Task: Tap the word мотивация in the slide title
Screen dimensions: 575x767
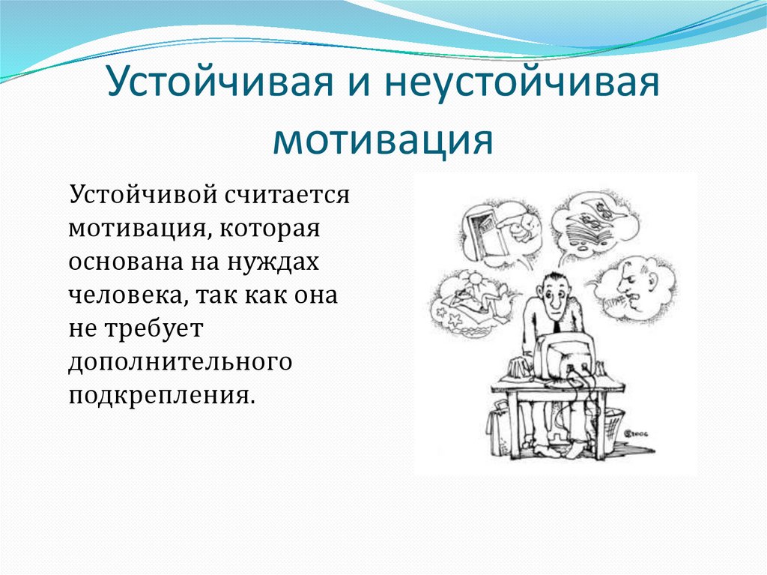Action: pyautogui.click(x=383, y=139)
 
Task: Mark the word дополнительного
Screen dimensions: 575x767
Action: pyautogui.click(x=180, y=362)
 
